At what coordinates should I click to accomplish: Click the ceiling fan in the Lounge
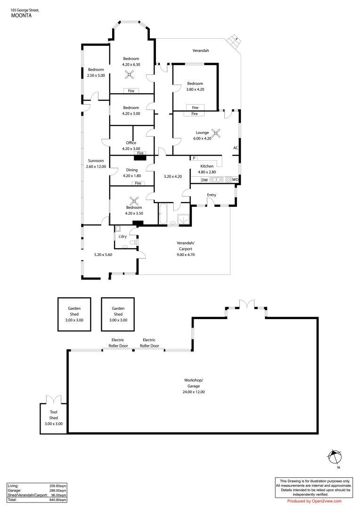pyautogui.click(x=216, y=132)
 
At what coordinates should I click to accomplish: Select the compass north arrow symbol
pyautogui.click(x=334, y=457)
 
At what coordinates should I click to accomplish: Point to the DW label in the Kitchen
pyautogui.click(x=205, y=180)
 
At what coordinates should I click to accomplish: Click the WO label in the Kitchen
pyautogui.click(x=236, y=180)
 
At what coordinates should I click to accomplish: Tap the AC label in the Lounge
pyautogui.click(x=236, y=148)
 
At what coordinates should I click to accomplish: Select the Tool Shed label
pyautogui.click(x=53, y=414)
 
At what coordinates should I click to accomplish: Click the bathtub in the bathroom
pyautogui.click(x=165, y=214)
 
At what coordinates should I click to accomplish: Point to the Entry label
pyautogui.click(x=212, y=195)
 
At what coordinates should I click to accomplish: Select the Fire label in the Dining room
pyautogui.click(x=138, y=183)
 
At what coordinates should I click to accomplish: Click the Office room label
pyautogui.click(x=131, y=143)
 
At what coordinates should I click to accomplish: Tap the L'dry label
pyautogui.click(x=123, y=236)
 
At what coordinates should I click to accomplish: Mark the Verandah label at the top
pyautogui.click(x=201, y=50)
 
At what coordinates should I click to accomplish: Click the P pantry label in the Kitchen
pyautogui.click(x=194, y=158)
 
